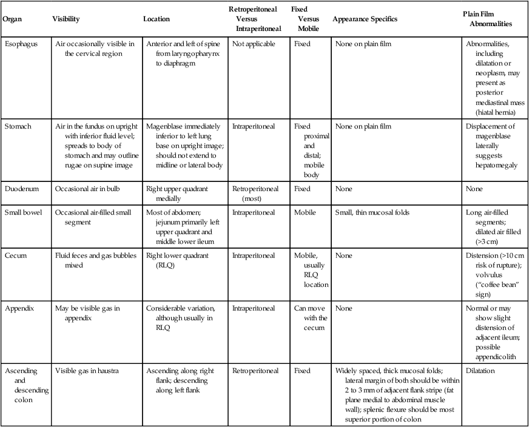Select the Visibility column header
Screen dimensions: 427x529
pyautogui.click(x=67, y=19)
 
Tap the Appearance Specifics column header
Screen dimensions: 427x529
pyautogui.click(x=365, y=19)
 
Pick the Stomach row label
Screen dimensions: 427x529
pyautogui.click(x=18, y=127)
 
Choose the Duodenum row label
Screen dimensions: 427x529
pyautogui.click(x=21, y=189)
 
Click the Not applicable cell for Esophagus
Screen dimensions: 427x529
pyautogui.click(x=254, y=44)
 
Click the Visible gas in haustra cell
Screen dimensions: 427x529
pyautogui.click(x=87, y=369)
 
